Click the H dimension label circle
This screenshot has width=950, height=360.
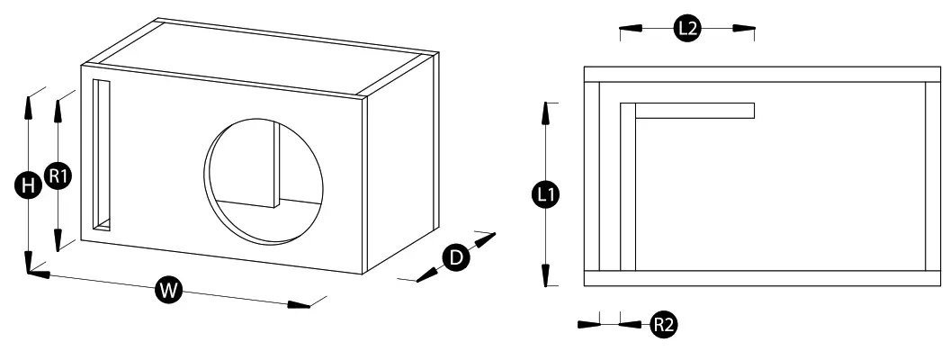click(x=29, y=186)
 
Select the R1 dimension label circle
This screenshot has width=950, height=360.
click(x=58, y=176)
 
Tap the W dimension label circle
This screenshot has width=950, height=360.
click(x=166, y=289)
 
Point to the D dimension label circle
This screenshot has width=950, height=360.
click(x=456, y=257)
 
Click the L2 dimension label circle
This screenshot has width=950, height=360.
click(x=687, y=29)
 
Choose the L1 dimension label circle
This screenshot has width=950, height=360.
click(x=545, y=193)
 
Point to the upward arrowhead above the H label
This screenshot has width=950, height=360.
click(x=29, y=106)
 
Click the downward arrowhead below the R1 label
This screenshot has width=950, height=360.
click(x=58, y=238)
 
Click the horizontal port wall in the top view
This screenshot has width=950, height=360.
click(x=694, y=111)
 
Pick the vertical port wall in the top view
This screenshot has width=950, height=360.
click(x=628, y=189)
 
